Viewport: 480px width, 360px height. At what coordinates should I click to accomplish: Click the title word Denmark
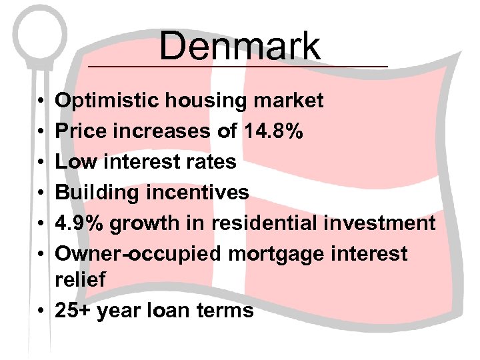(240, 46)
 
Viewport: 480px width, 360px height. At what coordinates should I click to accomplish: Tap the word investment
(381, 223)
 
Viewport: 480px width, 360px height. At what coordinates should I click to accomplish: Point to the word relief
(80, 280)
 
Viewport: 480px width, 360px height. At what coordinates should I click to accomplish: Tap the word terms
(227, 311)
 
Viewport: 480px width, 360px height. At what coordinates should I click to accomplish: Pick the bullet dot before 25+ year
(41, 311)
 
